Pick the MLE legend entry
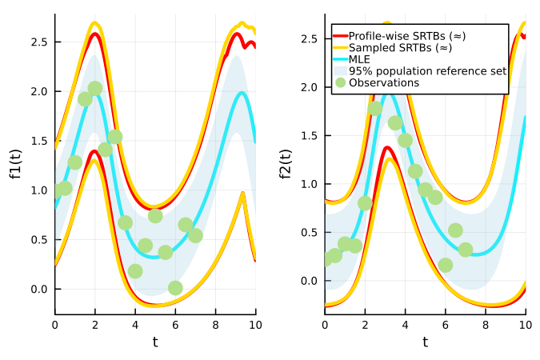coord(361,59)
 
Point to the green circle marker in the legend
coord(341,82)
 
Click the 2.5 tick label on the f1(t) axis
coord(39,42)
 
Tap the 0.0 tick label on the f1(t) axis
coord(39,289)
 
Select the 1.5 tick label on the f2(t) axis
coord(309,135)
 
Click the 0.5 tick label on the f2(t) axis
coord(309,233)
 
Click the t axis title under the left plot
coord(155,342)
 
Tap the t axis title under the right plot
coord(425,342)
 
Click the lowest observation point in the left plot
coord(175,288)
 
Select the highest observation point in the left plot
coord(95,89)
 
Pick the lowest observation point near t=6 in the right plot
coord(446,265)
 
